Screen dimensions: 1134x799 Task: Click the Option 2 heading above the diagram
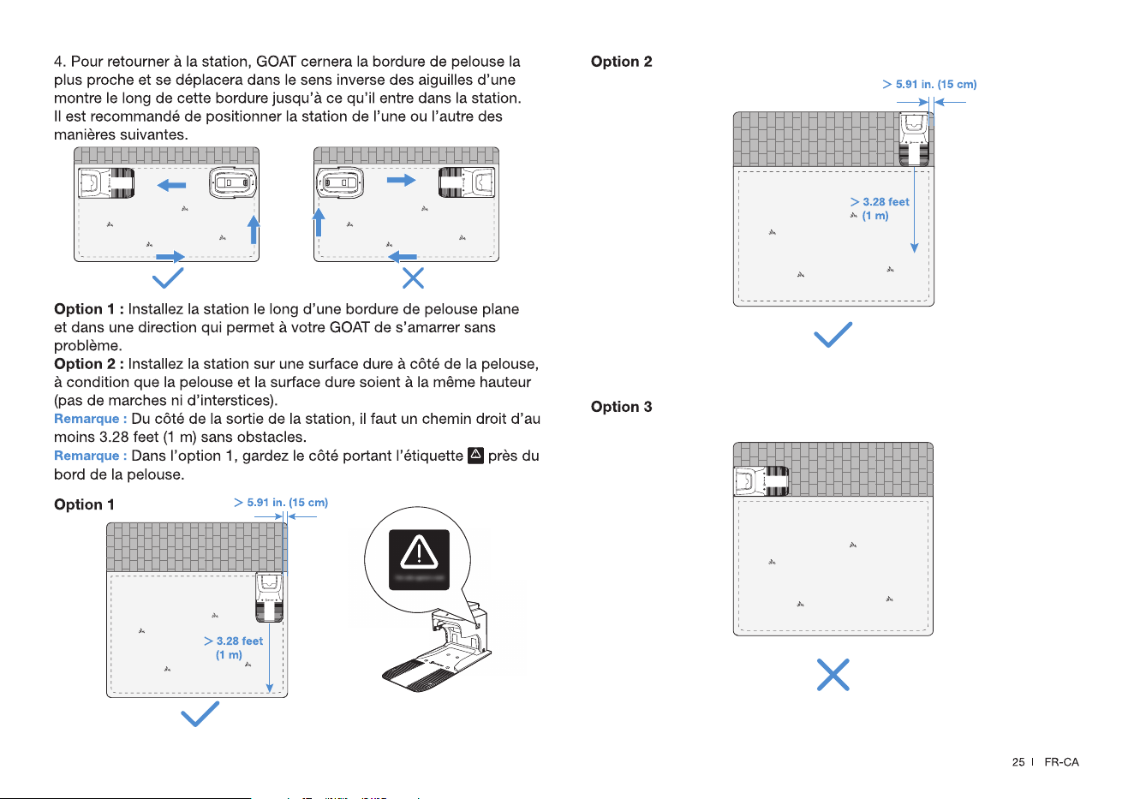tap(621, 62)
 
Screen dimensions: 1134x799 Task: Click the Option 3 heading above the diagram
tap(621, 407)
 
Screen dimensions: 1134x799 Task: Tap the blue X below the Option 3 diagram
tap(833, 675)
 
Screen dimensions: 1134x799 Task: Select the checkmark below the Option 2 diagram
tap(833, 334)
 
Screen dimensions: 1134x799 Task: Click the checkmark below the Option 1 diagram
tap(200, 714)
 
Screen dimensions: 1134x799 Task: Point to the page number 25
tap(1018, 762)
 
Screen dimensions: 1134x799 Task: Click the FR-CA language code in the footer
tap(1061, 762)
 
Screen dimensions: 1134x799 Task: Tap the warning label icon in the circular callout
tap(419, 559)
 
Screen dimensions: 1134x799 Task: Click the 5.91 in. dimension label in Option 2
tap(929, 84)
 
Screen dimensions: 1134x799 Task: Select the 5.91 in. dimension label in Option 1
tap(281, 503)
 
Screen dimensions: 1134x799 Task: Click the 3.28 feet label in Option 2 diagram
tap(880, 209)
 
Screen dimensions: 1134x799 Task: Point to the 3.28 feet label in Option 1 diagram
tap(233, 647)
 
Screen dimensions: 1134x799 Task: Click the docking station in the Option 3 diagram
tap(761, 481)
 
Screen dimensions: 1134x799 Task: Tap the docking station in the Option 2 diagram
tap(914, 140)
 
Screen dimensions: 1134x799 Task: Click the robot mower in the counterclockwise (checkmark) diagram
tap(233, 182)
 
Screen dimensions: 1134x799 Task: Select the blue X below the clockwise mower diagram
tap(413, 278)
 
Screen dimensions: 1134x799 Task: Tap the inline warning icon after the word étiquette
tap(475, 456)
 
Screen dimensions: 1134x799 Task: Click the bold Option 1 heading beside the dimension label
tap(84, 504)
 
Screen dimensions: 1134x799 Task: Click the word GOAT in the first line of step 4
tap(276, 62)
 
